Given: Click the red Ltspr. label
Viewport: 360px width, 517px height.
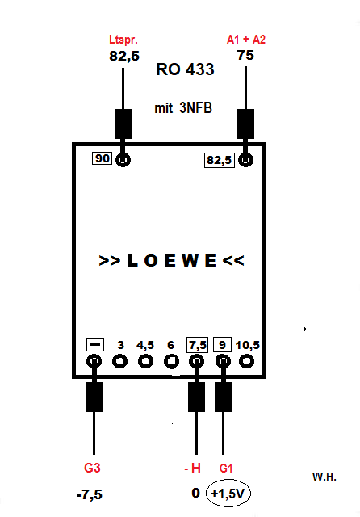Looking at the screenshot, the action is click(123, 40).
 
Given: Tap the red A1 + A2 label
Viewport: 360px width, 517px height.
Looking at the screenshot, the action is click(246, 40).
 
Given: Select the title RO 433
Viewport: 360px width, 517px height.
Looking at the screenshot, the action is click(185, 69).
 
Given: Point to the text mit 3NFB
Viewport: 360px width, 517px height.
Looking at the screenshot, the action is click(183, 108).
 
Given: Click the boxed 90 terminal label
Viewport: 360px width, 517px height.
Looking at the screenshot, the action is click(102, 158).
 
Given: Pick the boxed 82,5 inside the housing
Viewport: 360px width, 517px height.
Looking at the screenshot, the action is click(220, 160).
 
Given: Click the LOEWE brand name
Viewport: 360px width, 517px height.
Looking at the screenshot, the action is click(171, 261).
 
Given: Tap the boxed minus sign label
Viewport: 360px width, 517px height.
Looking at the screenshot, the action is click(95, 345).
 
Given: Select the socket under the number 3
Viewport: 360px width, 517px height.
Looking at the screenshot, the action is click(120, 361).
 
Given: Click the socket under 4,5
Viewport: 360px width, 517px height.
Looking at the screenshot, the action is click(145, 361).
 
